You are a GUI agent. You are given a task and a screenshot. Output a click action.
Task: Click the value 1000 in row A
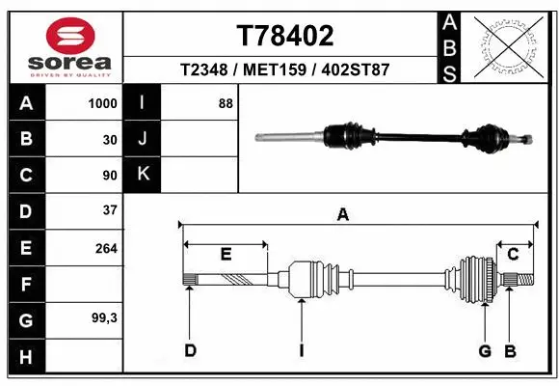[x=102, y=103]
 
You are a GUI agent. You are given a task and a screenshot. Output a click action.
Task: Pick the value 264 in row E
[x=105, y=248]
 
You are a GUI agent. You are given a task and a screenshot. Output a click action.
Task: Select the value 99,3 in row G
[x=103, y=318]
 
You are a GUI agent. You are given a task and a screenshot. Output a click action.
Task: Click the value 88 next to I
[x=226, y=103]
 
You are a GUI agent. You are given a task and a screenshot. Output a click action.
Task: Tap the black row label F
[x=25, y=284]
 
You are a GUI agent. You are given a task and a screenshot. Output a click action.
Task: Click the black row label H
[x=25, y=356]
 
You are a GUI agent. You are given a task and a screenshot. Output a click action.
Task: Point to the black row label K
[x=143, y=175]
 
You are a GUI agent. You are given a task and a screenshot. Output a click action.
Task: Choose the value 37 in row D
[x=109, y=209]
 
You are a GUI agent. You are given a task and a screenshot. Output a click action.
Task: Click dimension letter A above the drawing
[x=342, y=215]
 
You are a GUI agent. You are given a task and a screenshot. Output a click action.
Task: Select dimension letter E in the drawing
[x=225, y=255]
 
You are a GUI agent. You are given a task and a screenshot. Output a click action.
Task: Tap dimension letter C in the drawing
[x=514, y=255]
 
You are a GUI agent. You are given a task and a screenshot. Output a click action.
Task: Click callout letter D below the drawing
[x=190, y=350]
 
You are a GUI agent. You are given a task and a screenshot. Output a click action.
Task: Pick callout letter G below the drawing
[x=485, y=350]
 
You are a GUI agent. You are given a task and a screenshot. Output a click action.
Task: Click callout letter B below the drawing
[x=511, y=350]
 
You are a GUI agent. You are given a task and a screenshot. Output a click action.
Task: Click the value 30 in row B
[x=109, y=139]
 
